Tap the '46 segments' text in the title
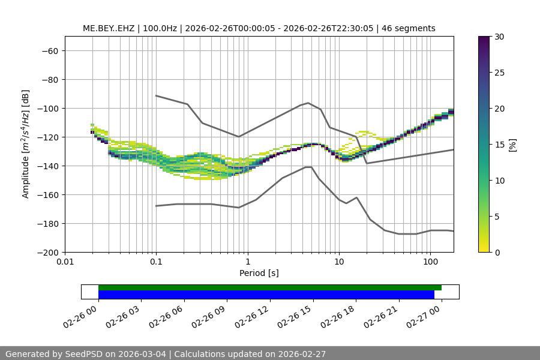click(x=412, y=28)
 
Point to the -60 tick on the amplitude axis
click(x=49, y=51)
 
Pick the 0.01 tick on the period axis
click(x=65, y=262)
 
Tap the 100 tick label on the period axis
click(x=430, y=262)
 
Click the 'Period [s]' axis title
click(x=259, y=273)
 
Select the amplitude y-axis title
click(x=25, y=144)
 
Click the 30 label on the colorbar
click(x=499, y=37)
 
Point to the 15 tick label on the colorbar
click(x=499, y=145)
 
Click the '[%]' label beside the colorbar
click(x=512, y=145)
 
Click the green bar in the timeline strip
click(x=270, y=287)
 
